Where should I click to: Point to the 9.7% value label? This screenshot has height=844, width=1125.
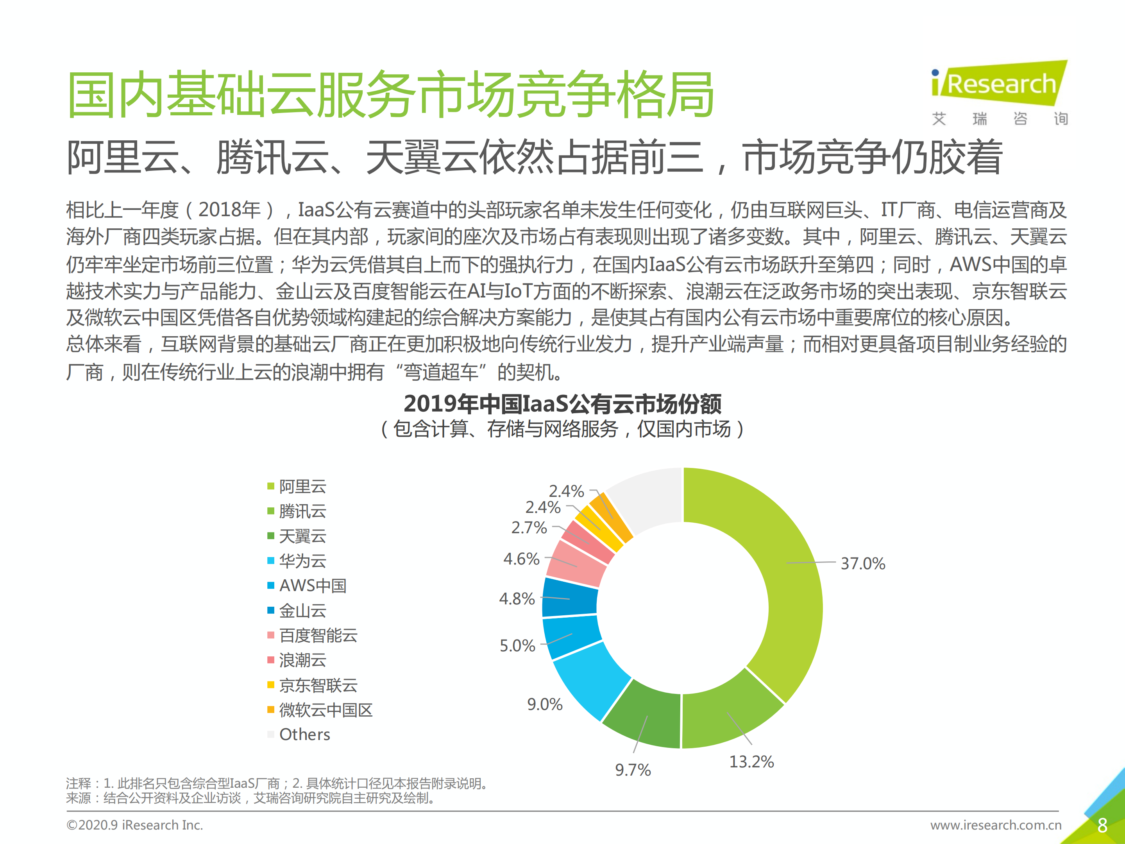point(633,770)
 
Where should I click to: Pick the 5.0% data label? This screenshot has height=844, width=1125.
point(517,645)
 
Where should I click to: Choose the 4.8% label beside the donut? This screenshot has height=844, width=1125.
point(517,599)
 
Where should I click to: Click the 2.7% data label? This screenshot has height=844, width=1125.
point(529,528)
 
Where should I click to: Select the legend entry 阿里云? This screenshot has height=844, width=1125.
point(302,486)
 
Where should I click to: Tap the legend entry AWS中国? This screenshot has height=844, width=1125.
point(312,586)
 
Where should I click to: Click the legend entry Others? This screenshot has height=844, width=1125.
point(304,734)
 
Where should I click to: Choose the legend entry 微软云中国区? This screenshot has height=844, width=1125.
point(326,710)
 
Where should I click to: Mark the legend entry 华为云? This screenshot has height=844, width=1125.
point(302,561)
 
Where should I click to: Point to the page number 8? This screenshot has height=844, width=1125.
point(1102,825)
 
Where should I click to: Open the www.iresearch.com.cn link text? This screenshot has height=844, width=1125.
point(996,825)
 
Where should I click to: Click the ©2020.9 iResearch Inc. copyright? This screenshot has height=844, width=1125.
point(135,825)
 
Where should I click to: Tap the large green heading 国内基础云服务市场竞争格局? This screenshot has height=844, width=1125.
point(391,95)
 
